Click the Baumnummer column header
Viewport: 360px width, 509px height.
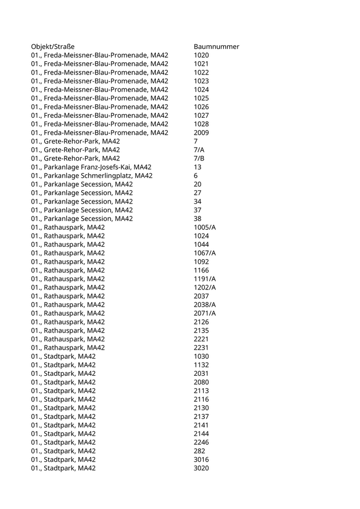[x=216, y=47]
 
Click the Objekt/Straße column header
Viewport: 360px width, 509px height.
[x=52, y=47]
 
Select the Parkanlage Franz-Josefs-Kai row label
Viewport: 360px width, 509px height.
[x=91, y=167]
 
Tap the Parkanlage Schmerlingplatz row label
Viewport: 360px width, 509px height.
[x=92, y=176]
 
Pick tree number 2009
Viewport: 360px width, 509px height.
[x=201, y=133]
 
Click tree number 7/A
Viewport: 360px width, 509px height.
[x=199, y=150]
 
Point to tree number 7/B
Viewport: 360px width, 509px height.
[x=199, y=158]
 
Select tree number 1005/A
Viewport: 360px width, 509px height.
[x=205, y=227]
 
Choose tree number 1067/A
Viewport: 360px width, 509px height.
[x=205, y=253]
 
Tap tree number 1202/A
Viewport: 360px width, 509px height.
[x=205, y=287]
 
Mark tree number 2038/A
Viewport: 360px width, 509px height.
[x=205, y=305]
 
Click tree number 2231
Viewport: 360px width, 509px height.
[x=201, y=348]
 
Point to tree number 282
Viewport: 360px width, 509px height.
[x=200, y=451]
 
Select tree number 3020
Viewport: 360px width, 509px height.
[x=201, y=468]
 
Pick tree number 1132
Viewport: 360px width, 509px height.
[x=201, y=365]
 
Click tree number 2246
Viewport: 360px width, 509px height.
[x=201, y=442]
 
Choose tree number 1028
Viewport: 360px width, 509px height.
[x=201, y=124]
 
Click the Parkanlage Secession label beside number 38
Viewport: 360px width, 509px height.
[x=82, y=219]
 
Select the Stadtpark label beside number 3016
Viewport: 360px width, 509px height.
[x=63, y=460]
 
